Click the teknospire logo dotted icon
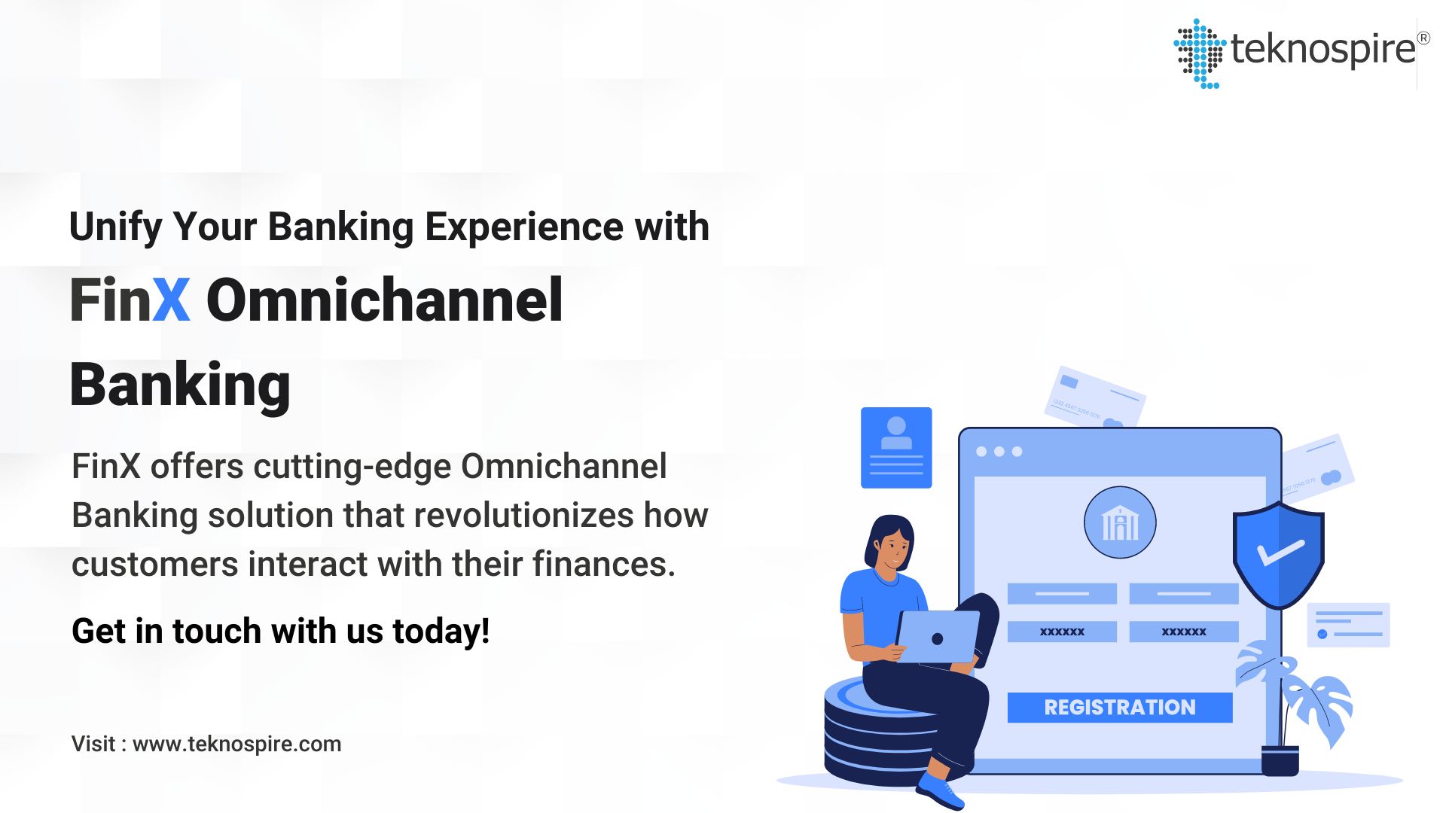(1199, 53)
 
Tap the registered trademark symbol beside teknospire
(1423, 38)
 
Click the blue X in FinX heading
(171, 300)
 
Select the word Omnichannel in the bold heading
(384, 300)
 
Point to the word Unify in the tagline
(114, 227)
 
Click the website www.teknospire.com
(236, 744)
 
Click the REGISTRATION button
(1119, 708)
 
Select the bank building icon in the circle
(1120, 522)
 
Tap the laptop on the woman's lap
(938, 636)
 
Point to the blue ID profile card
(896, 448)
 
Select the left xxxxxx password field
(1062, 632)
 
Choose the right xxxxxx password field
(1183, 632)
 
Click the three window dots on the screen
(999, 452)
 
